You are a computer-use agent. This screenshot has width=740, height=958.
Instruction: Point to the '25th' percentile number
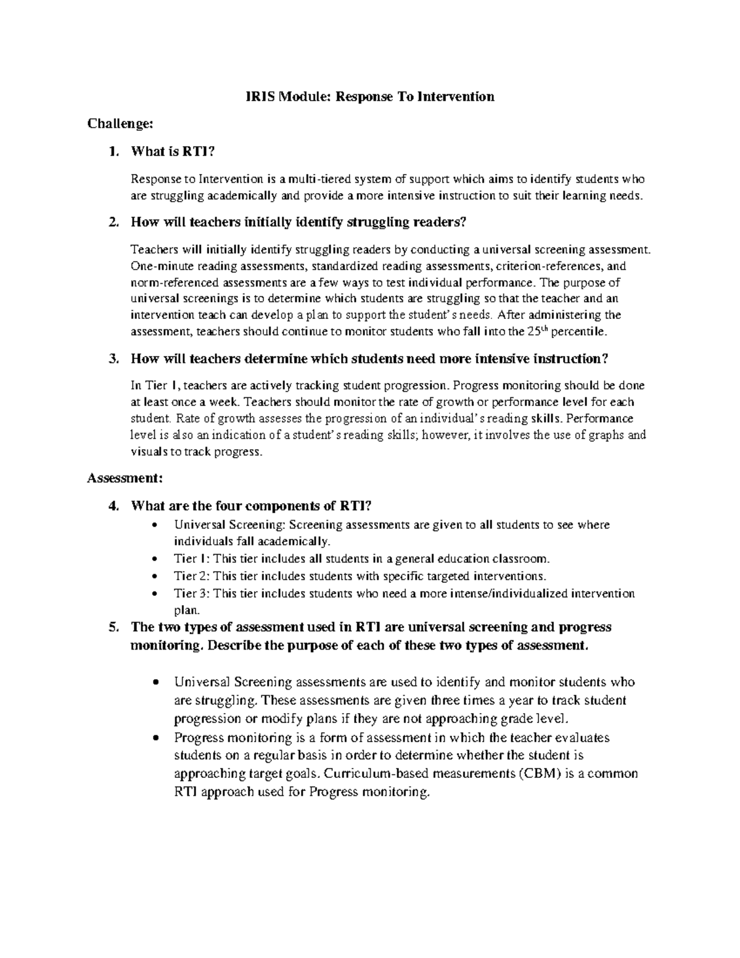535,331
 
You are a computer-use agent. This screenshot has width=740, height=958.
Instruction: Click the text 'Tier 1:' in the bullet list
192,560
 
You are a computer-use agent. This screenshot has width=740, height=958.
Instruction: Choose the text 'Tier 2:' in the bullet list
192,576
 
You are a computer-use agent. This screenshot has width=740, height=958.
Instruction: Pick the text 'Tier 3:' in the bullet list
192,593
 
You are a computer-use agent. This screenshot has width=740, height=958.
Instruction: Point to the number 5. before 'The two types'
113,627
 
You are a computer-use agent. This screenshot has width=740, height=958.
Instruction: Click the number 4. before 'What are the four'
113,506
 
